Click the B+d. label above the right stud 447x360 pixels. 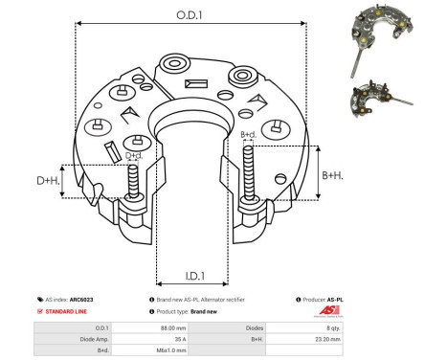[x=248, y=135]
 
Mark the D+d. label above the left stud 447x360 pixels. [x=135, y=155]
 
